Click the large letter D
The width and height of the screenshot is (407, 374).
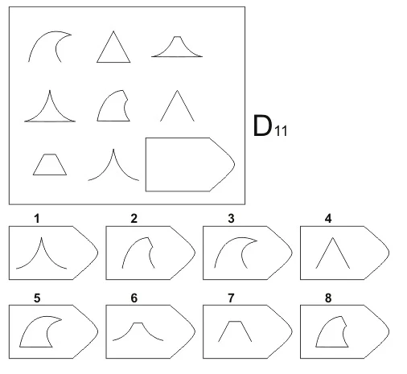262,125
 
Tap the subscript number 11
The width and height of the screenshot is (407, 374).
281,131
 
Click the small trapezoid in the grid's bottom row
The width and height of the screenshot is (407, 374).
50,175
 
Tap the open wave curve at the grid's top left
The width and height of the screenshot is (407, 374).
40,38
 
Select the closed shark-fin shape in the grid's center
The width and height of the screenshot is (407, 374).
113,121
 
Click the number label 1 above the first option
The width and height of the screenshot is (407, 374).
37,219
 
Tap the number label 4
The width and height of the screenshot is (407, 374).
328,219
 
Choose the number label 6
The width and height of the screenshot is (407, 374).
134,298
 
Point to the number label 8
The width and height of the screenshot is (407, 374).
328,298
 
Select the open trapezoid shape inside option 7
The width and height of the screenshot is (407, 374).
235,321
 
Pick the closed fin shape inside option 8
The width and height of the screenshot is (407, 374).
332,347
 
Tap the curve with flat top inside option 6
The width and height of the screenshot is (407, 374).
138,323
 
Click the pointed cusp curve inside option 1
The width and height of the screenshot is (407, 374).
42,238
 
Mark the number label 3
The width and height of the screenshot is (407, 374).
231,219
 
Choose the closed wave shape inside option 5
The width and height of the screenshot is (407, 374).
35,347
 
